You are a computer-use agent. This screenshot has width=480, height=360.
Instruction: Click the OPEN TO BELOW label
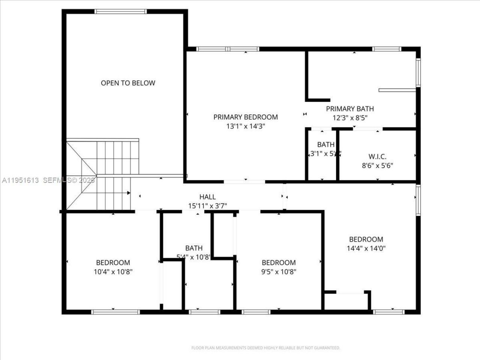(x=128, y=83)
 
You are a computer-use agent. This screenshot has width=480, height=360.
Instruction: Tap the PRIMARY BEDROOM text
(x=246, y=117)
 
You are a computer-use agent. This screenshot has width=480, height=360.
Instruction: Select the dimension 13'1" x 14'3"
(x=246, y=126)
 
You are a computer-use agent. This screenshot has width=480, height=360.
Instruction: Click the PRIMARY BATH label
(x=350, y=109)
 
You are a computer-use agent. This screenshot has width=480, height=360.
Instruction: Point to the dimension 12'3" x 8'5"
(x=350, y=118)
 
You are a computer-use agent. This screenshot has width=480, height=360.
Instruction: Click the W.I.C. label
(x=377, y=156)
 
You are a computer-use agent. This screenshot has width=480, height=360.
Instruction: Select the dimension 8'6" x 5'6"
(x=377, y=165)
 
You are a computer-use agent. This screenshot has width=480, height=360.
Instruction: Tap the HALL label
(x=207, y=197)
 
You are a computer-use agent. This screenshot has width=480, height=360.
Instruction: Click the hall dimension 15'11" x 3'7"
(x=207, y=206)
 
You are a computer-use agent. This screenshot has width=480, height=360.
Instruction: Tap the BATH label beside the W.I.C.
(x=325, y=144)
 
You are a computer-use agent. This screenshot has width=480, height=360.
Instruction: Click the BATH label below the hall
(x=194, y=248)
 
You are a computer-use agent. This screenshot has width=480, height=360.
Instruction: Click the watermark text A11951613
(x=21, y=180)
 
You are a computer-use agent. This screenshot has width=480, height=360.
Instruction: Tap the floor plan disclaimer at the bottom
(x=265, y=348)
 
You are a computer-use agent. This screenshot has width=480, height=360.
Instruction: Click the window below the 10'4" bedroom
(x=115, y=312)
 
